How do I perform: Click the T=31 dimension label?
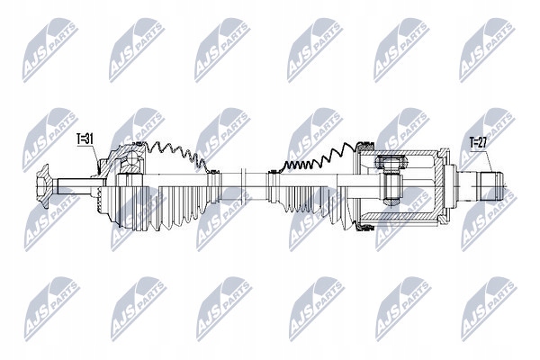coord(85,139)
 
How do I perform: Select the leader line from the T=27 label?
coord(485,160)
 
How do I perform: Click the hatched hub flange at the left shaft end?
coord(44,186)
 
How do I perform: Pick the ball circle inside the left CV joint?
coord(130,160)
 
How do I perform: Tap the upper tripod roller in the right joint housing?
coord(391,161)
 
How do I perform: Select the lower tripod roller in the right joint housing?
coord(391,201)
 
